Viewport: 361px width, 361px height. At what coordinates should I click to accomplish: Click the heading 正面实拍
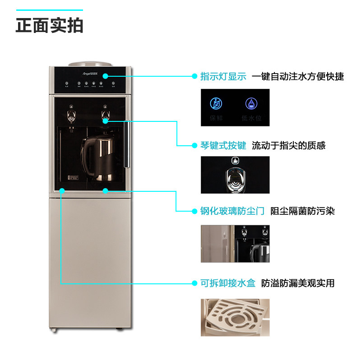(x=50, y=25)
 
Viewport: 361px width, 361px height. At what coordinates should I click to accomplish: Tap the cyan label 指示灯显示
(x=223, y=77)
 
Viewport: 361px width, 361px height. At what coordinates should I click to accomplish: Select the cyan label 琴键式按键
(x=223, y=145)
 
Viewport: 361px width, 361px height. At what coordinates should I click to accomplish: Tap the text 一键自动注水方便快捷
(x=298, y=77)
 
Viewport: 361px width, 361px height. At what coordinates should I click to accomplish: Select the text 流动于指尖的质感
(x=288, y=145)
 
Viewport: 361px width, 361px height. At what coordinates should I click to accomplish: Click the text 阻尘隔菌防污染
(x=302, y=211)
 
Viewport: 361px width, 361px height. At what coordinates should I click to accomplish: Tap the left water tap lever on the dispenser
(x=71, y=113)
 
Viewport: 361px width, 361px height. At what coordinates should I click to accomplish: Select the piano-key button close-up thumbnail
(x=235, y=175)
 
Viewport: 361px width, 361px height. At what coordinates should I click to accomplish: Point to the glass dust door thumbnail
(x=235, y=243)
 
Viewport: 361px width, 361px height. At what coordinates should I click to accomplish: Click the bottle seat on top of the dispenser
(x=90, y=65)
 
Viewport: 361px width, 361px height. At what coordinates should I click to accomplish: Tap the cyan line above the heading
(x=50, y=9)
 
